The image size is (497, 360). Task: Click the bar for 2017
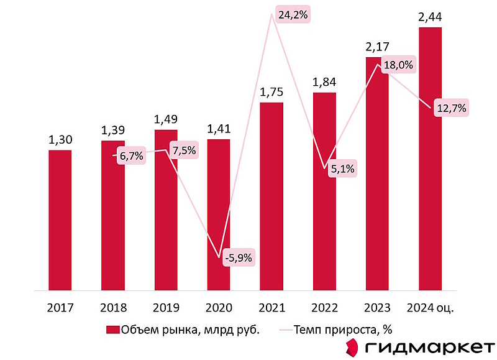(x=60, y=220)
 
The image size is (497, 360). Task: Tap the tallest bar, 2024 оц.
(x=431, y=159)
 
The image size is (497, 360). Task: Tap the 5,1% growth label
(x=343, y=167)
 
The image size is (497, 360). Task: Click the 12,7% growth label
(x=452, y=108)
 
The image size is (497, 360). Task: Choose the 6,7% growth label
(x=132, y=156)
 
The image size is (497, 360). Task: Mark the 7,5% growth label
(x=184, y=152)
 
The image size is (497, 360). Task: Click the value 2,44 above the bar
(x=431, y=19)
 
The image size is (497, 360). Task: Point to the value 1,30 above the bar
(x=60, y=141)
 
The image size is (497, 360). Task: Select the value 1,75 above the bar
(x=271, y=93)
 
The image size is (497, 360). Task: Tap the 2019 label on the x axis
(x=166, y=307)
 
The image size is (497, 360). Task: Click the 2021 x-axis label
(x=271, y=307)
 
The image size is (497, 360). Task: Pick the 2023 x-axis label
(x=377, y=307)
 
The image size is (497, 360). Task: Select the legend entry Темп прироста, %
(x=342, y=330)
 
